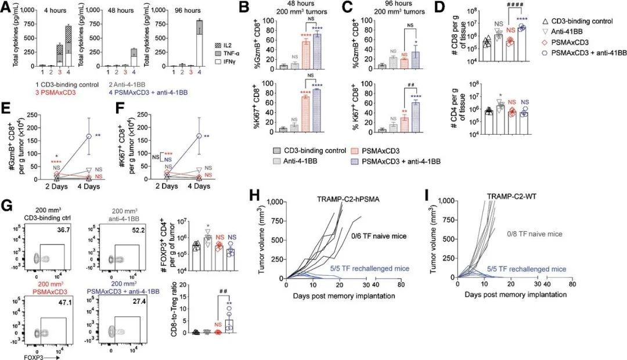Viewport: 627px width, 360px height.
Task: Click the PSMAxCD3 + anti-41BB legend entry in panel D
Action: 568,52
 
